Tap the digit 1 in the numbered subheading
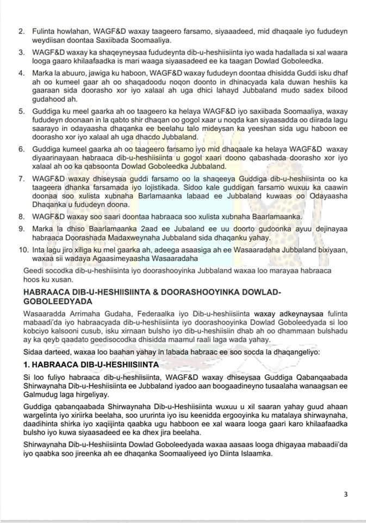coord(26,363)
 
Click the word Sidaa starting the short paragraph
coord(33,350)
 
